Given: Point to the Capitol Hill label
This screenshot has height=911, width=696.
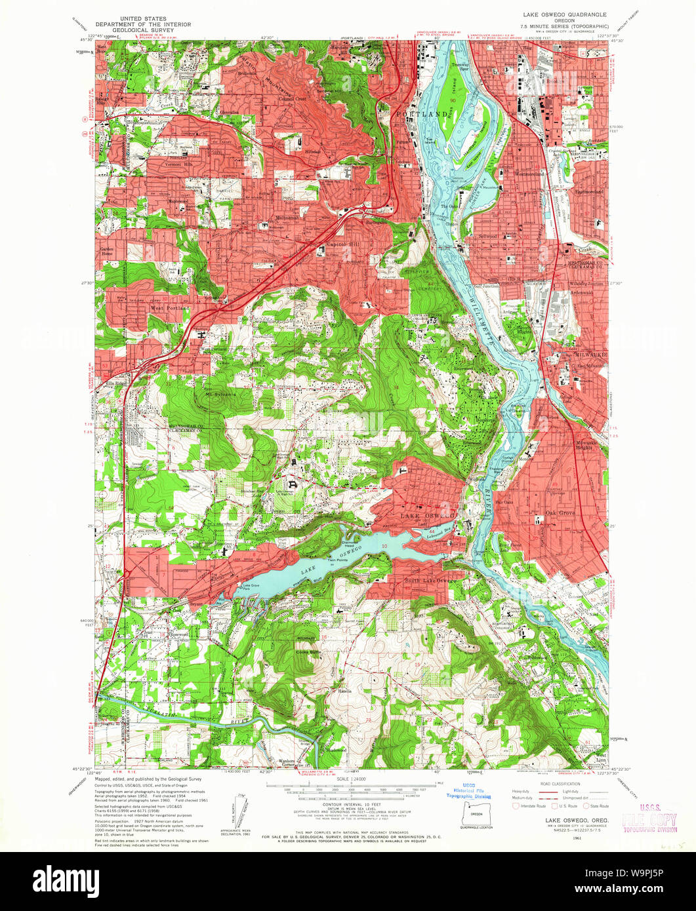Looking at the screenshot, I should coord(341,246).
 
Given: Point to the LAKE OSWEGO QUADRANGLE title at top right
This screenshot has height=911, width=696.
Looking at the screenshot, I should coord(564,14).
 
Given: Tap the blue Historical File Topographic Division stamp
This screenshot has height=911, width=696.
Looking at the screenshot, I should coord(468,790).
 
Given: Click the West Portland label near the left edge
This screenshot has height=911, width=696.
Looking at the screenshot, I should coord(169,307).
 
